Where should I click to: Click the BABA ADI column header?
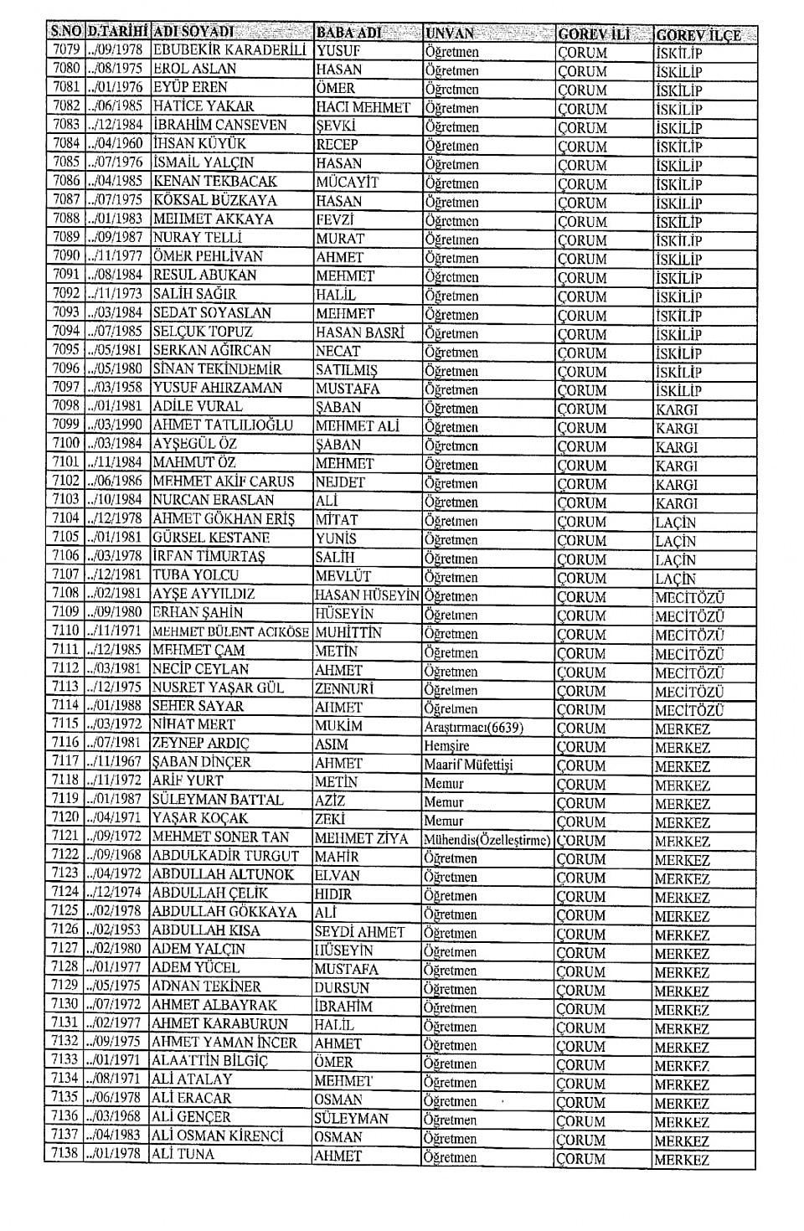(x=348, y=33)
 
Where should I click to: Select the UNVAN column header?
(x=449, y=33)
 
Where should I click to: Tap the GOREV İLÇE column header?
(x=698, y=35)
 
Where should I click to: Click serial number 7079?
(x=65, y=50)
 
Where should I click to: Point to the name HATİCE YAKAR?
(x=203, y=106)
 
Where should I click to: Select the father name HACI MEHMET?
(x=363, y=108)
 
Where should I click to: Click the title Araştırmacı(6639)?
(x=473, y=728)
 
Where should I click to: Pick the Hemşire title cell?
(x=446, y=746)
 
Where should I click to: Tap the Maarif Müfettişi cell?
(x=468, y=765)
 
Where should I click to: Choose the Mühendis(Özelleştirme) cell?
(x=487, y=840)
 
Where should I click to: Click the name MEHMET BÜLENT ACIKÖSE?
(x=230, y=632)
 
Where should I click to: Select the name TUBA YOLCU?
(x=195, y=575)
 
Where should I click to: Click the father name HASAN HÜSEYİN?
(x=367, y=595)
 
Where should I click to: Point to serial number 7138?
(x=64, y=1153)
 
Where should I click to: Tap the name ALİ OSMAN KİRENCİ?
(x=217, y=1136)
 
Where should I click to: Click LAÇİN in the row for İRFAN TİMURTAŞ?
(x=675, y=559)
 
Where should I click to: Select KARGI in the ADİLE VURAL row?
(x=676, y=409)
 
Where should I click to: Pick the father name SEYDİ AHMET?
(x=359, y=932)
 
